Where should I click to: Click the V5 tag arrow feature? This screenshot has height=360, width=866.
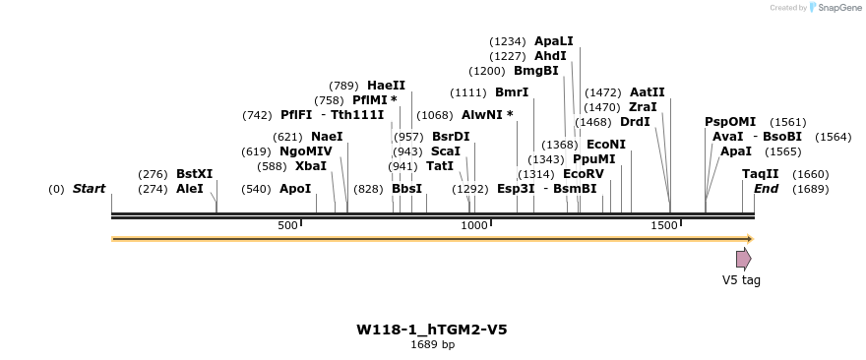point(743,259)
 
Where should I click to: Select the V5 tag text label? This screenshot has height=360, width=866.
point(741,280)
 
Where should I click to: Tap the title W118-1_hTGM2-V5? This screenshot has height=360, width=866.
point(432,329)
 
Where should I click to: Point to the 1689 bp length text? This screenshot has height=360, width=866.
point(432,344)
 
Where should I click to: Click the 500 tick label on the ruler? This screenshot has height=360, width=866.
point(287,225)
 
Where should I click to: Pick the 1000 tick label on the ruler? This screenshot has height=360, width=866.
point(474,225)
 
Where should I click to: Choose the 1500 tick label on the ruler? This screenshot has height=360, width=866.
point(664,225)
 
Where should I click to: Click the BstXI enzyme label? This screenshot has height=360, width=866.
point(194,173)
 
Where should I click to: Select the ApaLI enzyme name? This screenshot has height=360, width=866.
point(553,41)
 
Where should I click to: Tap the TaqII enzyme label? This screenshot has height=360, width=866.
point(760,173)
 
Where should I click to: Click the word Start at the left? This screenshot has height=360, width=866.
point(89,188)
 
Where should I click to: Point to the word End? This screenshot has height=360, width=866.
point(766,188)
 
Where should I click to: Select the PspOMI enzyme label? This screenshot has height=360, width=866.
point(730,121)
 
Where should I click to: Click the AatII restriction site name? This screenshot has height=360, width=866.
point(647,91)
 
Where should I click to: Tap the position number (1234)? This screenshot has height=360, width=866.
point(508,41)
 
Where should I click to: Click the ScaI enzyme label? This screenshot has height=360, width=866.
point(445,150)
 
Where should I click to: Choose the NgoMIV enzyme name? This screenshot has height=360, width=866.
point(305,150)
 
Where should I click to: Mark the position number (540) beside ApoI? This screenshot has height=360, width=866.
point(256,188)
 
